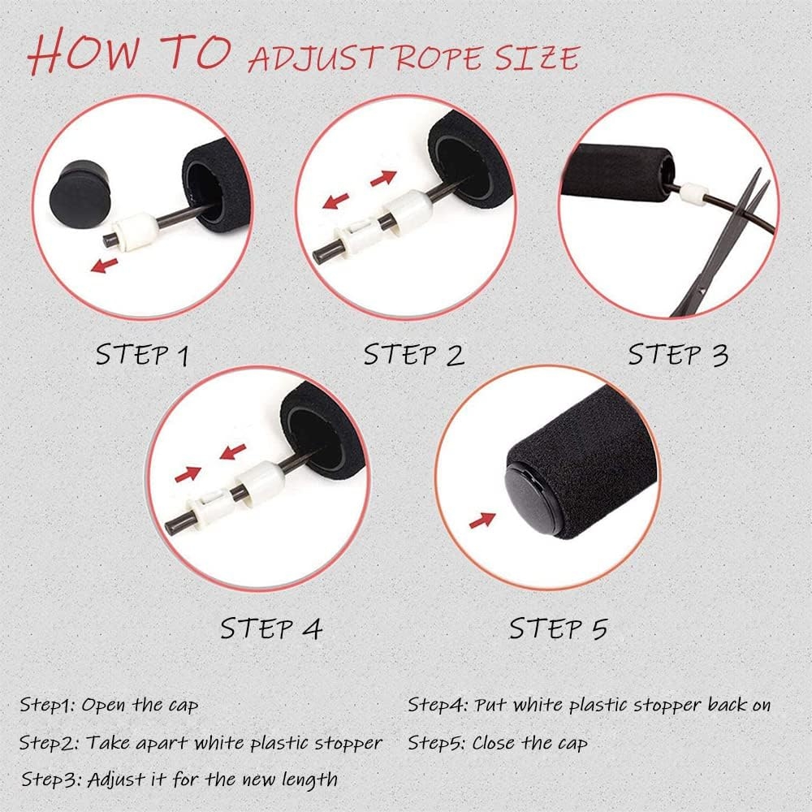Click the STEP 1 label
pos(142,356)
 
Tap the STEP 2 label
pos(414,355)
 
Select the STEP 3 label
pos(678,355)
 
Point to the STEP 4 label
pos(271,628)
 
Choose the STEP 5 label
pos(559,628)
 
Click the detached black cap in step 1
pos(80,193)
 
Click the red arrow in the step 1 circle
pos(104,266)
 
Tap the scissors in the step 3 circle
pos(725,244)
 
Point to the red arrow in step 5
pos(482,520)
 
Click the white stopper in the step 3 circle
pos(693,194)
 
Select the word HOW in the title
pos(84,52)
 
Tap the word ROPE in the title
pos(442,58)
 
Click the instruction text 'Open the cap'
pos(140,706)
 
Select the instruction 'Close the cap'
pos(529,743)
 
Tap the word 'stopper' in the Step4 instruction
pos(668,706)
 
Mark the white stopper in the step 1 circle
pos(136,231)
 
